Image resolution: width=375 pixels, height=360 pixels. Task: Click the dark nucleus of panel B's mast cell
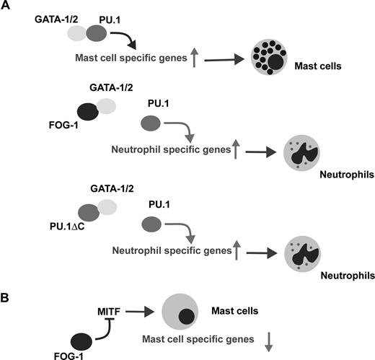click(187, 317)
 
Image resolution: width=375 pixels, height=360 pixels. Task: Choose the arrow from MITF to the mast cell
click(142, 308)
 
